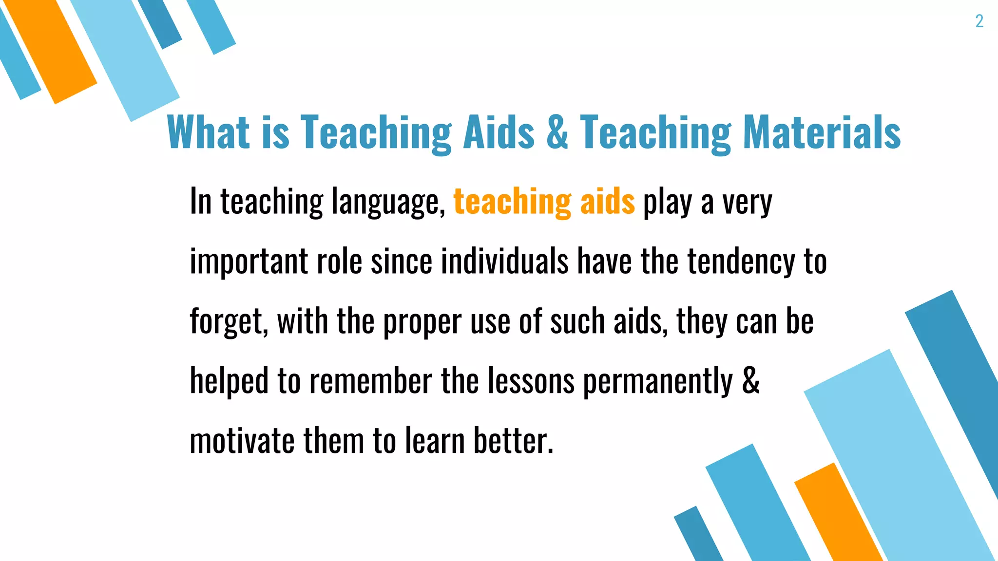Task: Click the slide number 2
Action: tap(979, 21)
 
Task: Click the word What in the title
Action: tap(208, 132)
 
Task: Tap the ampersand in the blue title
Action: tap(557, 132)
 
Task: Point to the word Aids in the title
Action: tap(499, 132)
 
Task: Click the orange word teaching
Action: tap(512, 202)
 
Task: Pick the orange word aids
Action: tap(607, 202)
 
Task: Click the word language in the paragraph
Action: tap(388, 202)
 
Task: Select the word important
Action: tap(249, 262)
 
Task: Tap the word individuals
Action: tap(504, 261)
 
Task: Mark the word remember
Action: tap(370, 381)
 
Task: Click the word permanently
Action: tap(658, 382)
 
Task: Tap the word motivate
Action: tap(242, 441)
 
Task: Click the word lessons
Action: tap(531, 381)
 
